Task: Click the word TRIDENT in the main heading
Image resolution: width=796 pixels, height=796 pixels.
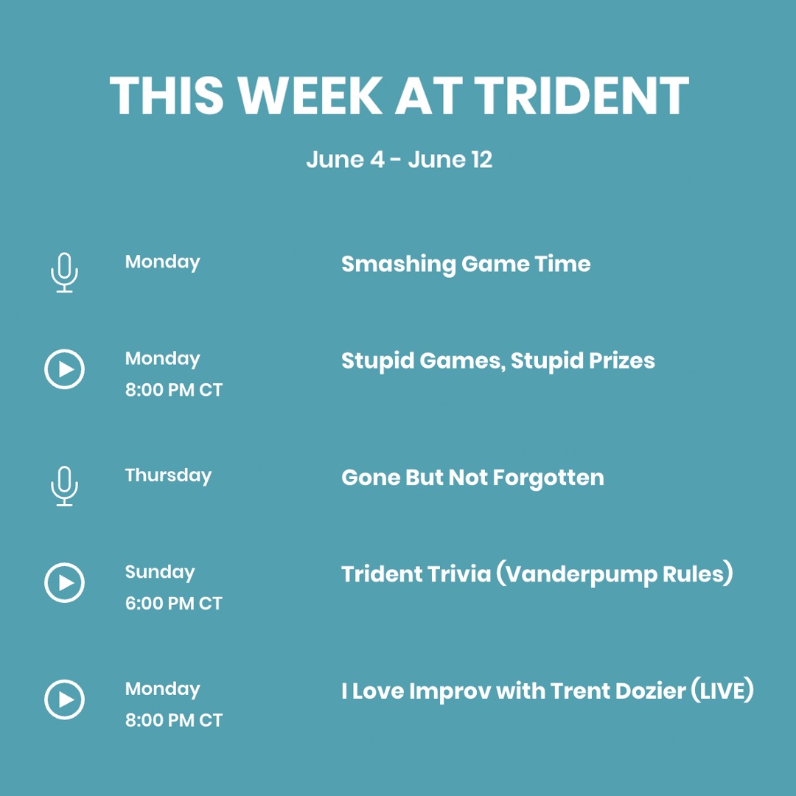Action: pyautogui.click(x=581, y=96)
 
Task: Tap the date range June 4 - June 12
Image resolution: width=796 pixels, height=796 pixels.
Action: pyautogui.click(x=399, y=159)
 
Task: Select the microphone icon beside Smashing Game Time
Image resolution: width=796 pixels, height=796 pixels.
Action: pyautogui.click(x=65, y=272)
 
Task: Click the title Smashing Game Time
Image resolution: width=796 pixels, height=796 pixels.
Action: pyautogui.click(x=466, y=264)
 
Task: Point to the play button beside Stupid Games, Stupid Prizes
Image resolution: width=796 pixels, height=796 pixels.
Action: pyautogui.click(x=65, y=369)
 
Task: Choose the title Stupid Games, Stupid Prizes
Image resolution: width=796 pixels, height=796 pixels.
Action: pyautogui.click(x=497, y=360)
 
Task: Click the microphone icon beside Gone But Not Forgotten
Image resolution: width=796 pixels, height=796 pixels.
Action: pyautogui.click(x=65, y=486)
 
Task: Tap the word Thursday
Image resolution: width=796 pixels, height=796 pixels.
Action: pyautogui.click(x=168, y=475)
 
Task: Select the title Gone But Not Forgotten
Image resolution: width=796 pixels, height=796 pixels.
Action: pyautogui.click(x=472, y=478)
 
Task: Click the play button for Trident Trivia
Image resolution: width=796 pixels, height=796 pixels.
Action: pyautogui.click(x=65, y=583)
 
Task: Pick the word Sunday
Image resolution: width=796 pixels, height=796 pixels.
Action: pyautogui.click(x=160, y=572)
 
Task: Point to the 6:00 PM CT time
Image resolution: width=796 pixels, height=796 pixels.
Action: pyautogui.click(x=173, y=604)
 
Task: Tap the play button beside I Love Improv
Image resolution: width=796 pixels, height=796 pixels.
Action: pyautogui.click(x=65, y=699)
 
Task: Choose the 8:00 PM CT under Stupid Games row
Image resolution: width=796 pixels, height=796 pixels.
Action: pyautogui.click(x=173, y=390)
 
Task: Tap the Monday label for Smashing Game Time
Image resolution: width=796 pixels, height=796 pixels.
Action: pyautogui.click(x=162, y=262)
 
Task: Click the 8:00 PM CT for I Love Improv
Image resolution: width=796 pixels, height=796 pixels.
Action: pyautogui.click(x=173, y=720)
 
